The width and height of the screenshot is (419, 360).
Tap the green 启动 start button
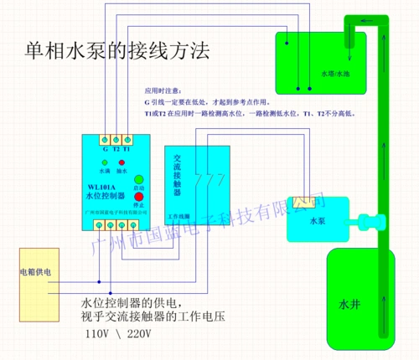(x=138, y=179)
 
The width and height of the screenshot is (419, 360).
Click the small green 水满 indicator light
(x=104, y=162)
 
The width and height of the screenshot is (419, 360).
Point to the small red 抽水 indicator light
(x=122, y=162)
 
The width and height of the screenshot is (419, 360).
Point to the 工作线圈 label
(x=179, y=216)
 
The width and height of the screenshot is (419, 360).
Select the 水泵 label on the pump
(x=317, y=221)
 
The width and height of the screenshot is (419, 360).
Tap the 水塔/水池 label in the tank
(x=332, y=74)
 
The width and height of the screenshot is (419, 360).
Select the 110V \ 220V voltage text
(x=118, y=333)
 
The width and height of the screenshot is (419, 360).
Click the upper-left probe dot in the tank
(x=286, y=44)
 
